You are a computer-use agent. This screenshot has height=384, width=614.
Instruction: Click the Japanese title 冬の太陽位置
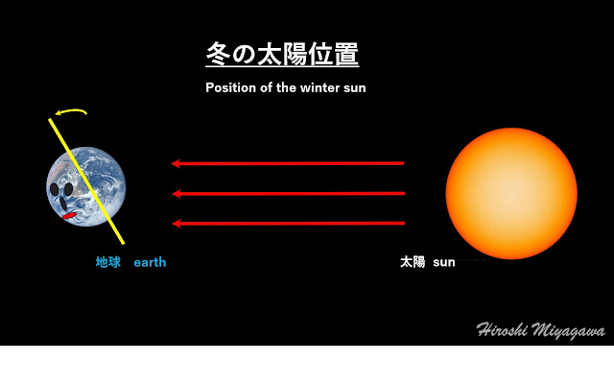(282, 54)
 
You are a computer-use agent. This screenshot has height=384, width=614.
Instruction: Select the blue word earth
(150, 262)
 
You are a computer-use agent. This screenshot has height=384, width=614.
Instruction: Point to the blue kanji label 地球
(108, 262)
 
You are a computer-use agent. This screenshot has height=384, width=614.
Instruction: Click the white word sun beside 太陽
(444, 262)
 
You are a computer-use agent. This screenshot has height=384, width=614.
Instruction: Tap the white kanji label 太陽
(413, 262)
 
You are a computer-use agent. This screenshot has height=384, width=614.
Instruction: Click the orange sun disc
(511, 193)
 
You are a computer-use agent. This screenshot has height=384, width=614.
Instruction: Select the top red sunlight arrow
(288, 163)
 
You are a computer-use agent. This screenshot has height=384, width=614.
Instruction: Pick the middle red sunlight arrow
(289, 194)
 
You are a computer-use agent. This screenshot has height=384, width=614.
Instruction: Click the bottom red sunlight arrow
(289, 224)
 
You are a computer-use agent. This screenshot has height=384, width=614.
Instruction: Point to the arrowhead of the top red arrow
(176, 163)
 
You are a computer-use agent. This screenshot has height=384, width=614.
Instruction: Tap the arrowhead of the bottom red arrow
(177, 224)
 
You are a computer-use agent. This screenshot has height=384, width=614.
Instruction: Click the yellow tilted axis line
(86, 181)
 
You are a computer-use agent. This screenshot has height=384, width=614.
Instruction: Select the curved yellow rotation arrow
(71, 111)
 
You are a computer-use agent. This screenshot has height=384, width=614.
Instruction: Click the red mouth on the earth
(69, 215)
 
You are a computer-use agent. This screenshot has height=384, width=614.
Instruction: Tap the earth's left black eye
(54, 189)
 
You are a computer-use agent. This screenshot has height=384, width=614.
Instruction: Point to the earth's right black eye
(68, 189)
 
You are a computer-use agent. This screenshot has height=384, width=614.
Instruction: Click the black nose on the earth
(63, 203)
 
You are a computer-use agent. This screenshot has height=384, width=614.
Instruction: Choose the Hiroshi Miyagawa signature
(541, 330)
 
